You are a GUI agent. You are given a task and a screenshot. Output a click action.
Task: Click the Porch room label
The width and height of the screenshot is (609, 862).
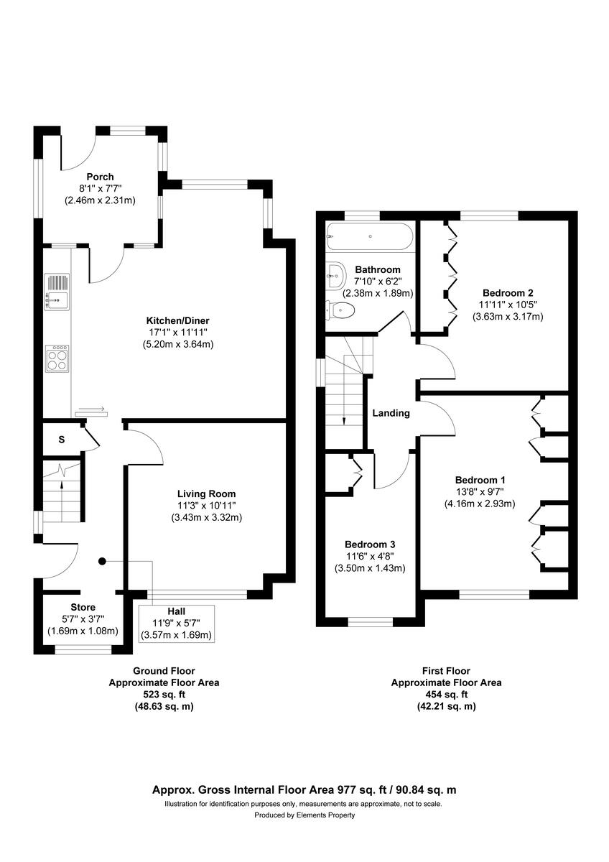pos(100,177)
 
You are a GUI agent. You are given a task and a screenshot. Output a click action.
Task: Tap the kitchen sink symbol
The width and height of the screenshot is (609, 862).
pos(57,292)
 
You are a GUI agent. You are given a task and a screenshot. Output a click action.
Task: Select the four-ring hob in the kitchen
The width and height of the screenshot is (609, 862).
pos(57,358)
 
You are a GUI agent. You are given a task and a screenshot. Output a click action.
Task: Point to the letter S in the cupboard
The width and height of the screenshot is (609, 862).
pos(62,440)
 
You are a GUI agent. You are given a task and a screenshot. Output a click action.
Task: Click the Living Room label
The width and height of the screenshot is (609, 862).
pos(206,493)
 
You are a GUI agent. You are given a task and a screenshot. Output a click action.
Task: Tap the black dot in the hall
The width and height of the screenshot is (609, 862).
pos(102,561)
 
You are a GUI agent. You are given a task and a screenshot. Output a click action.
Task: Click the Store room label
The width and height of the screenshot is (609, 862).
pos(83,608)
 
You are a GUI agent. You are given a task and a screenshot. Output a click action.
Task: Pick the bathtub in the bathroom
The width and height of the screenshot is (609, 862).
pos(370,235)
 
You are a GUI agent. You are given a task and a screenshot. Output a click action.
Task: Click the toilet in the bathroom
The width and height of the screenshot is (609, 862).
pos(340,310)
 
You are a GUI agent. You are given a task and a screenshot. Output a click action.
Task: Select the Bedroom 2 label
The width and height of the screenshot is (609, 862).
pos(508,293)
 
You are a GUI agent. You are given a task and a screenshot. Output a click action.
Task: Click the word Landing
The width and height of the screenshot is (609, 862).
pos(391,413)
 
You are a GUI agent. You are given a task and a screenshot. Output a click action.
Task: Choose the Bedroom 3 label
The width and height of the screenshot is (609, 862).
pos(369,544)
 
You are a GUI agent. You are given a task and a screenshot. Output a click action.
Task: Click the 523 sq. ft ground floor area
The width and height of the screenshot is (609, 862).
pos(164,695)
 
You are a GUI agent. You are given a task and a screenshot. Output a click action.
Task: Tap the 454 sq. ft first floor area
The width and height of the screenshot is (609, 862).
pos(446,695)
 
